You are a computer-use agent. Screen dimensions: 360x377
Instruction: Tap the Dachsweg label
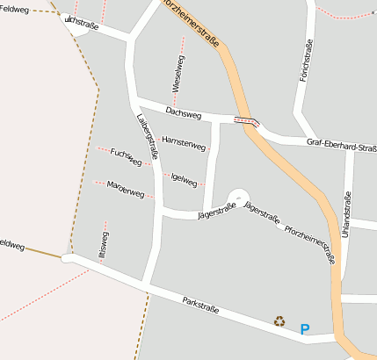[x=184, y=114]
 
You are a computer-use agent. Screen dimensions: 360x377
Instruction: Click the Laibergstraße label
[x=148, y=138]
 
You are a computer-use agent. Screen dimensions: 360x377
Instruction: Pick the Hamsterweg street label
[x=184, y=142]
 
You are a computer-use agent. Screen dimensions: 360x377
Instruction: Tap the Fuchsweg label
[x=126, y=157]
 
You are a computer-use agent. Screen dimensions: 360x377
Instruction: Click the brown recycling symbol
[x=279, y=321]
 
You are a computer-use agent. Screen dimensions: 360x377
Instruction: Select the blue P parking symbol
[x=305, y=329]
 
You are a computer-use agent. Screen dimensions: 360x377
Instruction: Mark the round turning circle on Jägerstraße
[x=238, y=198]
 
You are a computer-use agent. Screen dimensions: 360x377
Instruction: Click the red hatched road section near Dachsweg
[x=246, y=121]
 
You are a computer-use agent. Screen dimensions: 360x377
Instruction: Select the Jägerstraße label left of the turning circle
[x=216, y=211]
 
